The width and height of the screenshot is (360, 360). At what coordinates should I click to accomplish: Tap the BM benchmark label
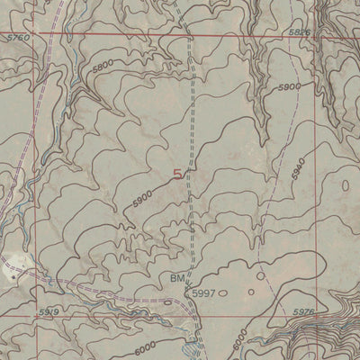pos(176,280)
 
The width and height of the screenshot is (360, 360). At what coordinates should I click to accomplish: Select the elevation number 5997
pos(202,292)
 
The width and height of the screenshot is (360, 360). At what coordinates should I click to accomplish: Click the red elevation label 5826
pos(300,31)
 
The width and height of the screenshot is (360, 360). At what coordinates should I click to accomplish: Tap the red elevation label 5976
pos(307,311)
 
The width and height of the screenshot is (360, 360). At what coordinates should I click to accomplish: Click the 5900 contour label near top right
pos(289,87)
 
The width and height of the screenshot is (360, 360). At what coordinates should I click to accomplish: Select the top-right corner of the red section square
pos(314,36)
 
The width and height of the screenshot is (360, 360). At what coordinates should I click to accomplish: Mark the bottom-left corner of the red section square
pos(36,308)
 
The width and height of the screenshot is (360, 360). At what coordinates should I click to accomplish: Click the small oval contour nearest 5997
pos(223,292)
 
